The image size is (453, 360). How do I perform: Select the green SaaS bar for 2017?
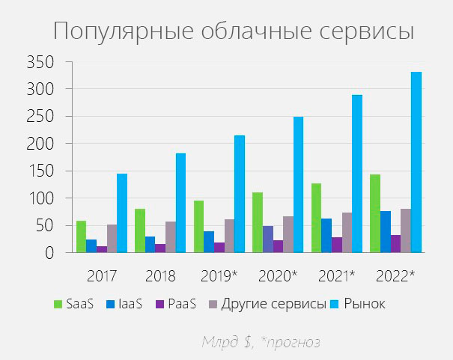(81, 237)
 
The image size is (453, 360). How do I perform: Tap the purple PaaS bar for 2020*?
(278, 246)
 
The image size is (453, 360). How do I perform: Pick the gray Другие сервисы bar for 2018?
(170, 237)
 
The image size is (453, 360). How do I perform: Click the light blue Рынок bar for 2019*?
(240, 194)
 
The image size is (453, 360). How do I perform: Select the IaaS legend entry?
(129, 304)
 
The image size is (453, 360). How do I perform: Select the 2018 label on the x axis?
(160, 275)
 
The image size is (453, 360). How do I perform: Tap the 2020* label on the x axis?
(278, 275)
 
